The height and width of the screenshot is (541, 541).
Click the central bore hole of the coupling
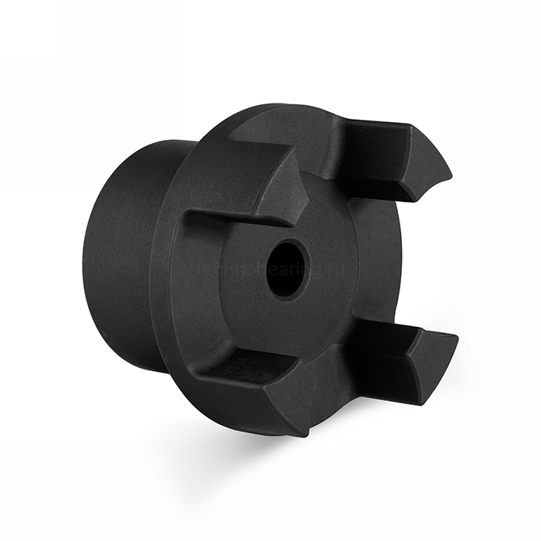click(287, 269)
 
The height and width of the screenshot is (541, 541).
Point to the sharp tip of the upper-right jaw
click(449, 168)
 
